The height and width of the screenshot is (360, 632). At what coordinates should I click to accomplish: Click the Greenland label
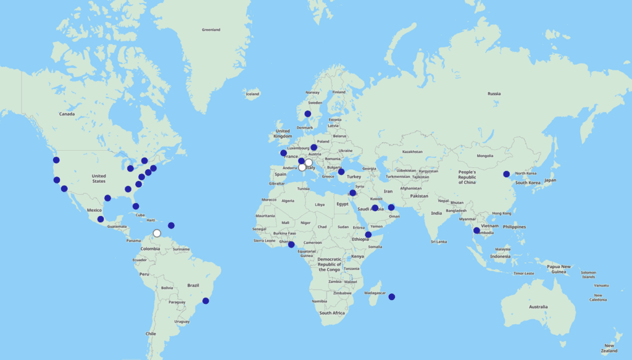coord(211,30)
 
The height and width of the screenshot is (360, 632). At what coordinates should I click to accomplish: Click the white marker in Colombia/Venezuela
coord(157,233)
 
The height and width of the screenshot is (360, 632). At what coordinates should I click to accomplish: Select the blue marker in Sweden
coord(307,114)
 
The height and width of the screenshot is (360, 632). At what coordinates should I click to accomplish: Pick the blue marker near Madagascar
coord(391,297)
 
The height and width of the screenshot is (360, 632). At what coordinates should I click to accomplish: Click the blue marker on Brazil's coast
coord(206,301)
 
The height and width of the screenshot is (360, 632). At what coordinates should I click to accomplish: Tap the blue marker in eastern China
coord(506,174)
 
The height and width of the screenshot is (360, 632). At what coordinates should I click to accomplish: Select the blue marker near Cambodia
coord(476,230)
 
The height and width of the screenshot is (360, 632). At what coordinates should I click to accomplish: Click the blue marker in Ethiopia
coord(368,235)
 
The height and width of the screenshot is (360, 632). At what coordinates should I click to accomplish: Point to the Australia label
coord(538,307)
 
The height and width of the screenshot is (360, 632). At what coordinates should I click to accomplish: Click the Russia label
coord(494,94)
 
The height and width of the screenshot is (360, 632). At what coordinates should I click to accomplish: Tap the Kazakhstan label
coord(412,151)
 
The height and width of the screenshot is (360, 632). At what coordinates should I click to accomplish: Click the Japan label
coord(550,180)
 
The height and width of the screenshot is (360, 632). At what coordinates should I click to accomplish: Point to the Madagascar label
coord(375,293)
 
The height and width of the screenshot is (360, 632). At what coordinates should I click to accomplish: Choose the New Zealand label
coord(609,348)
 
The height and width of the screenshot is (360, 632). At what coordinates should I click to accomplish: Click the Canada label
coord(67,114)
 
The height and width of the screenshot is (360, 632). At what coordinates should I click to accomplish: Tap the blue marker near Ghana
coord(291,245)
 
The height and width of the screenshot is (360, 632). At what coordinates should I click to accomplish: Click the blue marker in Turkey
coord(341,172)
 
